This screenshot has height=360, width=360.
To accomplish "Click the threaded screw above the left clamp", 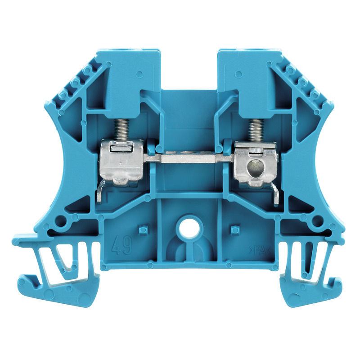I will [x=122, y=129].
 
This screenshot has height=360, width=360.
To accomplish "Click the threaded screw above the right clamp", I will [x=256, y=129].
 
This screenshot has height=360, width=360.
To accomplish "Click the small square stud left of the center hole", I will [x=143, y=230].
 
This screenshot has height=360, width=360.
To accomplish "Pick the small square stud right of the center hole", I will [x=234, y=230].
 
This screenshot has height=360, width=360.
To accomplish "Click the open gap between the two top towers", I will [x=189, y=67].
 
